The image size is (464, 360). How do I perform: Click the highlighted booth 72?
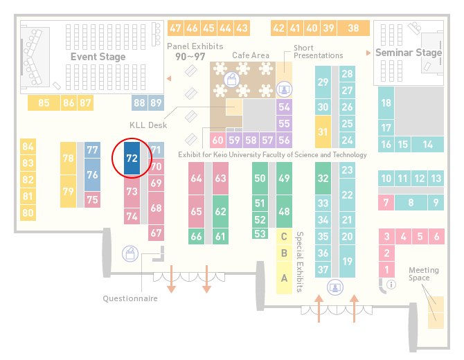coord(132,159)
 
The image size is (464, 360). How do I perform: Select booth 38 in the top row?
coord(353,28)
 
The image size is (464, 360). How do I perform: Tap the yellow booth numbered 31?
coord(323,132)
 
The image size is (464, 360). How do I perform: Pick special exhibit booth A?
coord(284,278)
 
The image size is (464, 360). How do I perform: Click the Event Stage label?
coord(98,57)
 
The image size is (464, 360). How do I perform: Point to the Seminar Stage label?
coord(409,53)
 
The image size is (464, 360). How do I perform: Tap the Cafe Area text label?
coord(251,55)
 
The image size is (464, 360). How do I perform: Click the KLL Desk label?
coord(148,125)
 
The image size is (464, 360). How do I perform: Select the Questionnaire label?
coord(130,298)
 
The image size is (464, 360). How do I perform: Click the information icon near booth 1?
coord(391,285)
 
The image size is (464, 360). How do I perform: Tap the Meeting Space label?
coord(423,274)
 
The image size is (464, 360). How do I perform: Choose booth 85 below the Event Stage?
coord(44,103)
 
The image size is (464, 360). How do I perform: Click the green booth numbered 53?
coord(260,234)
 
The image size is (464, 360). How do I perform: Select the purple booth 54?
coord(284,107)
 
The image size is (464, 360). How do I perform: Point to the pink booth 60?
coord(217,140)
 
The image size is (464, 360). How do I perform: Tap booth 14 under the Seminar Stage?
coord(427,145)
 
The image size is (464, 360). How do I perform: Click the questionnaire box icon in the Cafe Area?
coord(232,80)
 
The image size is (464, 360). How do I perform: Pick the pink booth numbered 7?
coord(386,203)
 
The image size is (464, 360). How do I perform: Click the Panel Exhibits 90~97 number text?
coord(190,57)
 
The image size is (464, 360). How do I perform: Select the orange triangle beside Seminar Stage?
coord(368,53)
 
